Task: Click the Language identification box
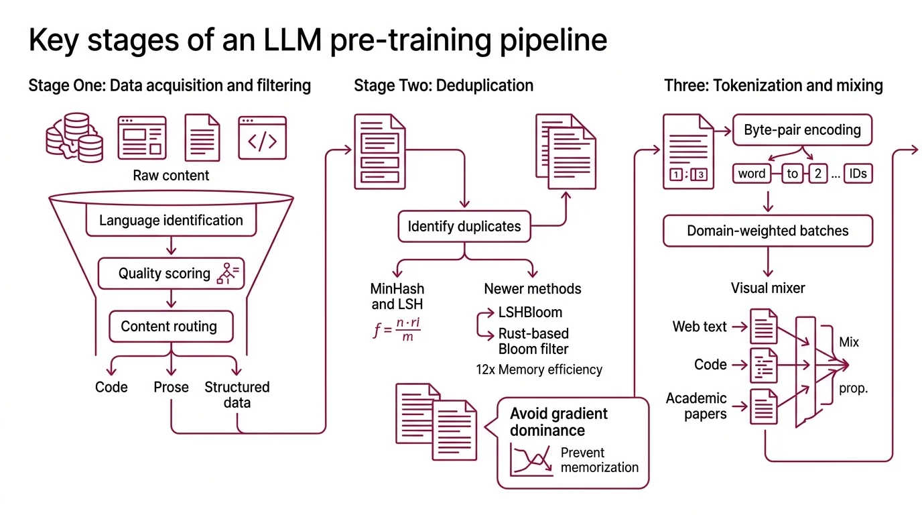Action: click(x=171, y=221)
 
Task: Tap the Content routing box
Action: click(x=171, y=327)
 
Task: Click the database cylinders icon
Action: click(x=74, y=137)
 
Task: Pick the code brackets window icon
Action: click(x=262, y=138)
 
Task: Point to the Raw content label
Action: click(x=171, y=176)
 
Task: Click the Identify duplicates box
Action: click(x=464, y=227)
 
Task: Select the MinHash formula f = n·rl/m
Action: click(x=397, y=329)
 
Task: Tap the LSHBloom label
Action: click(x=530, y=312)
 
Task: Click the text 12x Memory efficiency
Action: click(x=539, y=369)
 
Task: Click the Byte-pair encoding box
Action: click(x=802, y=130)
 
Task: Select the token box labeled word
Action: click(x=751, y=174)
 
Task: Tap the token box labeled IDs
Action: click(x=858, y=174)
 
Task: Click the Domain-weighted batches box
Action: click(x=767, y=231)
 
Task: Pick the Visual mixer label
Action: click(x=767, y=288)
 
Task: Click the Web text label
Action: click(x=700, y=327)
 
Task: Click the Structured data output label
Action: click(x=237, y=394)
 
